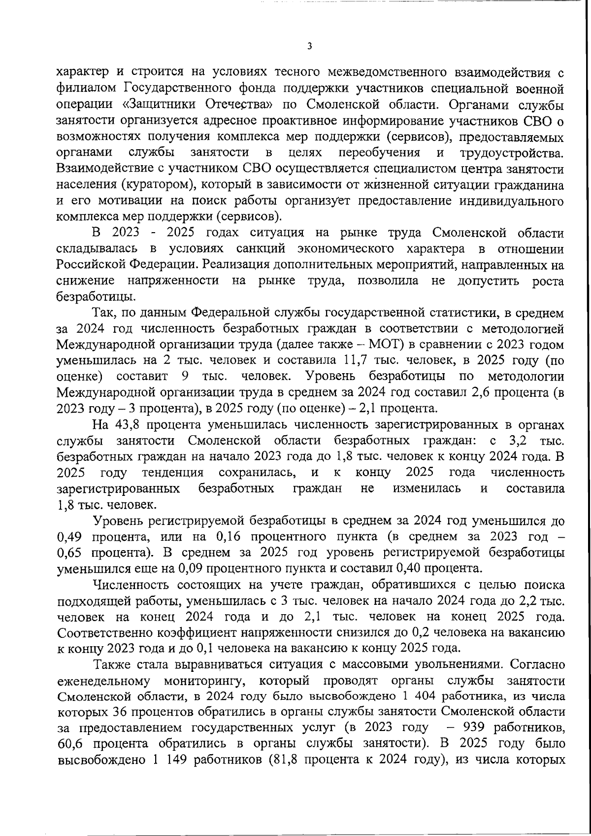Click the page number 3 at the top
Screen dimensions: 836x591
309,46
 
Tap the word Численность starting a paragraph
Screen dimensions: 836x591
127,585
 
